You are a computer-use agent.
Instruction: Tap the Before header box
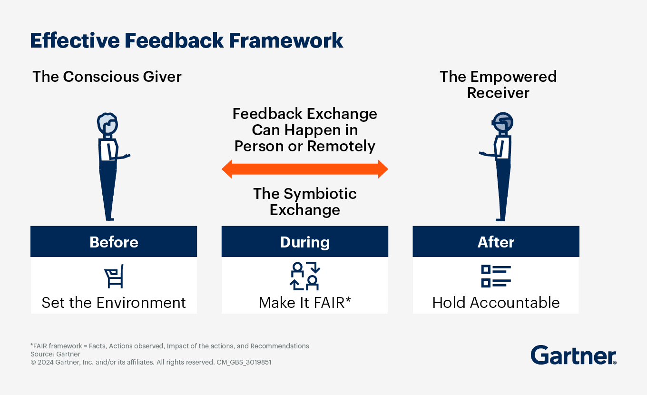coord(114,242)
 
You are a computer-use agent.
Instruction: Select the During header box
coord(304,242)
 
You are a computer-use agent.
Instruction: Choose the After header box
coord(496,242)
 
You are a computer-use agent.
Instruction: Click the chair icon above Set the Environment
coord(114,276)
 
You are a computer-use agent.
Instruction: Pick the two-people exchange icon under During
coord(304,276)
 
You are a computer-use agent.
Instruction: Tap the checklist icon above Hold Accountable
coord(496,276)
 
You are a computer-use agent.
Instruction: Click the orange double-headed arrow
coord(304,169)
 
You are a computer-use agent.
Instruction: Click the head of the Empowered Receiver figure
coord(502,123)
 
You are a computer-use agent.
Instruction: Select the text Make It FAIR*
coord(304,302)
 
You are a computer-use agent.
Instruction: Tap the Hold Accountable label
coord(496,302)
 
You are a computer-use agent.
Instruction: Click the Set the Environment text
coord(114,302)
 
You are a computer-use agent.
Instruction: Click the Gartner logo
coord(573,355)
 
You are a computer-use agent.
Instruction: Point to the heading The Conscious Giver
coord(107,77)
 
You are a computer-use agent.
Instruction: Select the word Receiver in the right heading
coord(498,93)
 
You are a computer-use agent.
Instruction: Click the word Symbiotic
coord(320,193)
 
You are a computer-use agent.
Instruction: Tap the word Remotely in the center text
coord(340,146)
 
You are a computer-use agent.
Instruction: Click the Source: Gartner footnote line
coord(55,354)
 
